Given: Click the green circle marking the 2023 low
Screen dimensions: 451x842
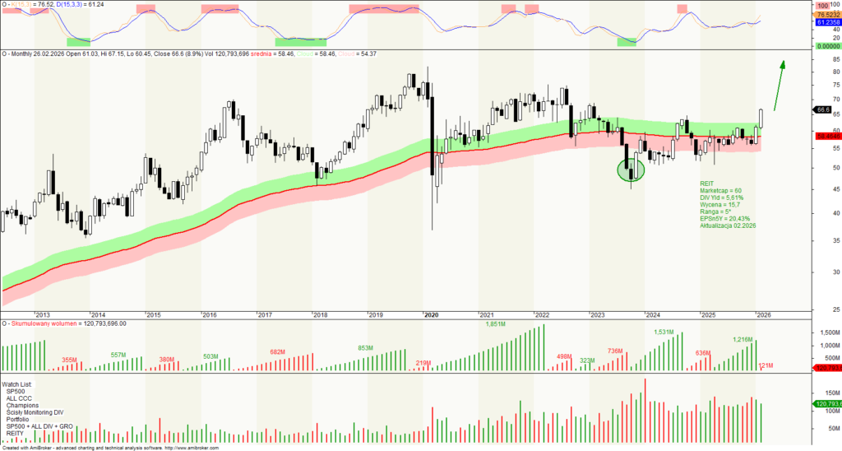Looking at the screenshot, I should coord(631,170).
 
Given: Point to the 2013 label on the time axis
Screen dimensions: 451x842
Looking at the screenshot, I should coord(43,314).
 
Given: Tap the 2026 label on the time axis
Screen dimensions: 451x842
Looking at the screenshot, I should coord(764,314).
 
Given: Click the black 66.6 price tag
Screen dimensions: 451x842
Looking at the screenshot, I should coord(823,109).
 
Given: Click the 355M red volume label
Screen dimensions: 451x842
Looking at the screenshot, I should coord(70,360).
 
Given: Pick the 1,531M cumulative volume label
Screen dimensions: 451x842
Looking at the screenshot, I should coord(664,332).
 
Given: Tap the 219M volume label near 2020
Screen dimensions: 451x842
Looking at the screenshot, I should coord(424,363).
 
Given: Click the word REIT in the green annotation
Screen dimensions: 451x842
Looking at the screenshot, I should coord(707,183).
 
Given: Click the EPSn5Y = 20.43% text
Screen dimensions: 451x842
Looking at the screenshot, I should coord(724,218).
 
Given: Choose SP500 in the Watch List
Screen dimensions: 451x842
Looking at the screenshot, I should coord(15,391).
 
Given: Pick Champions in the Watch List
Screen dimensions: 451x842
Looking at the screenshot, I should coord(22,405).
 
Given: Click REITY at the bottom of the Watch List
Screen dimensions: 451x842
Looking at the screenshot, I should coord(16,433).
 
